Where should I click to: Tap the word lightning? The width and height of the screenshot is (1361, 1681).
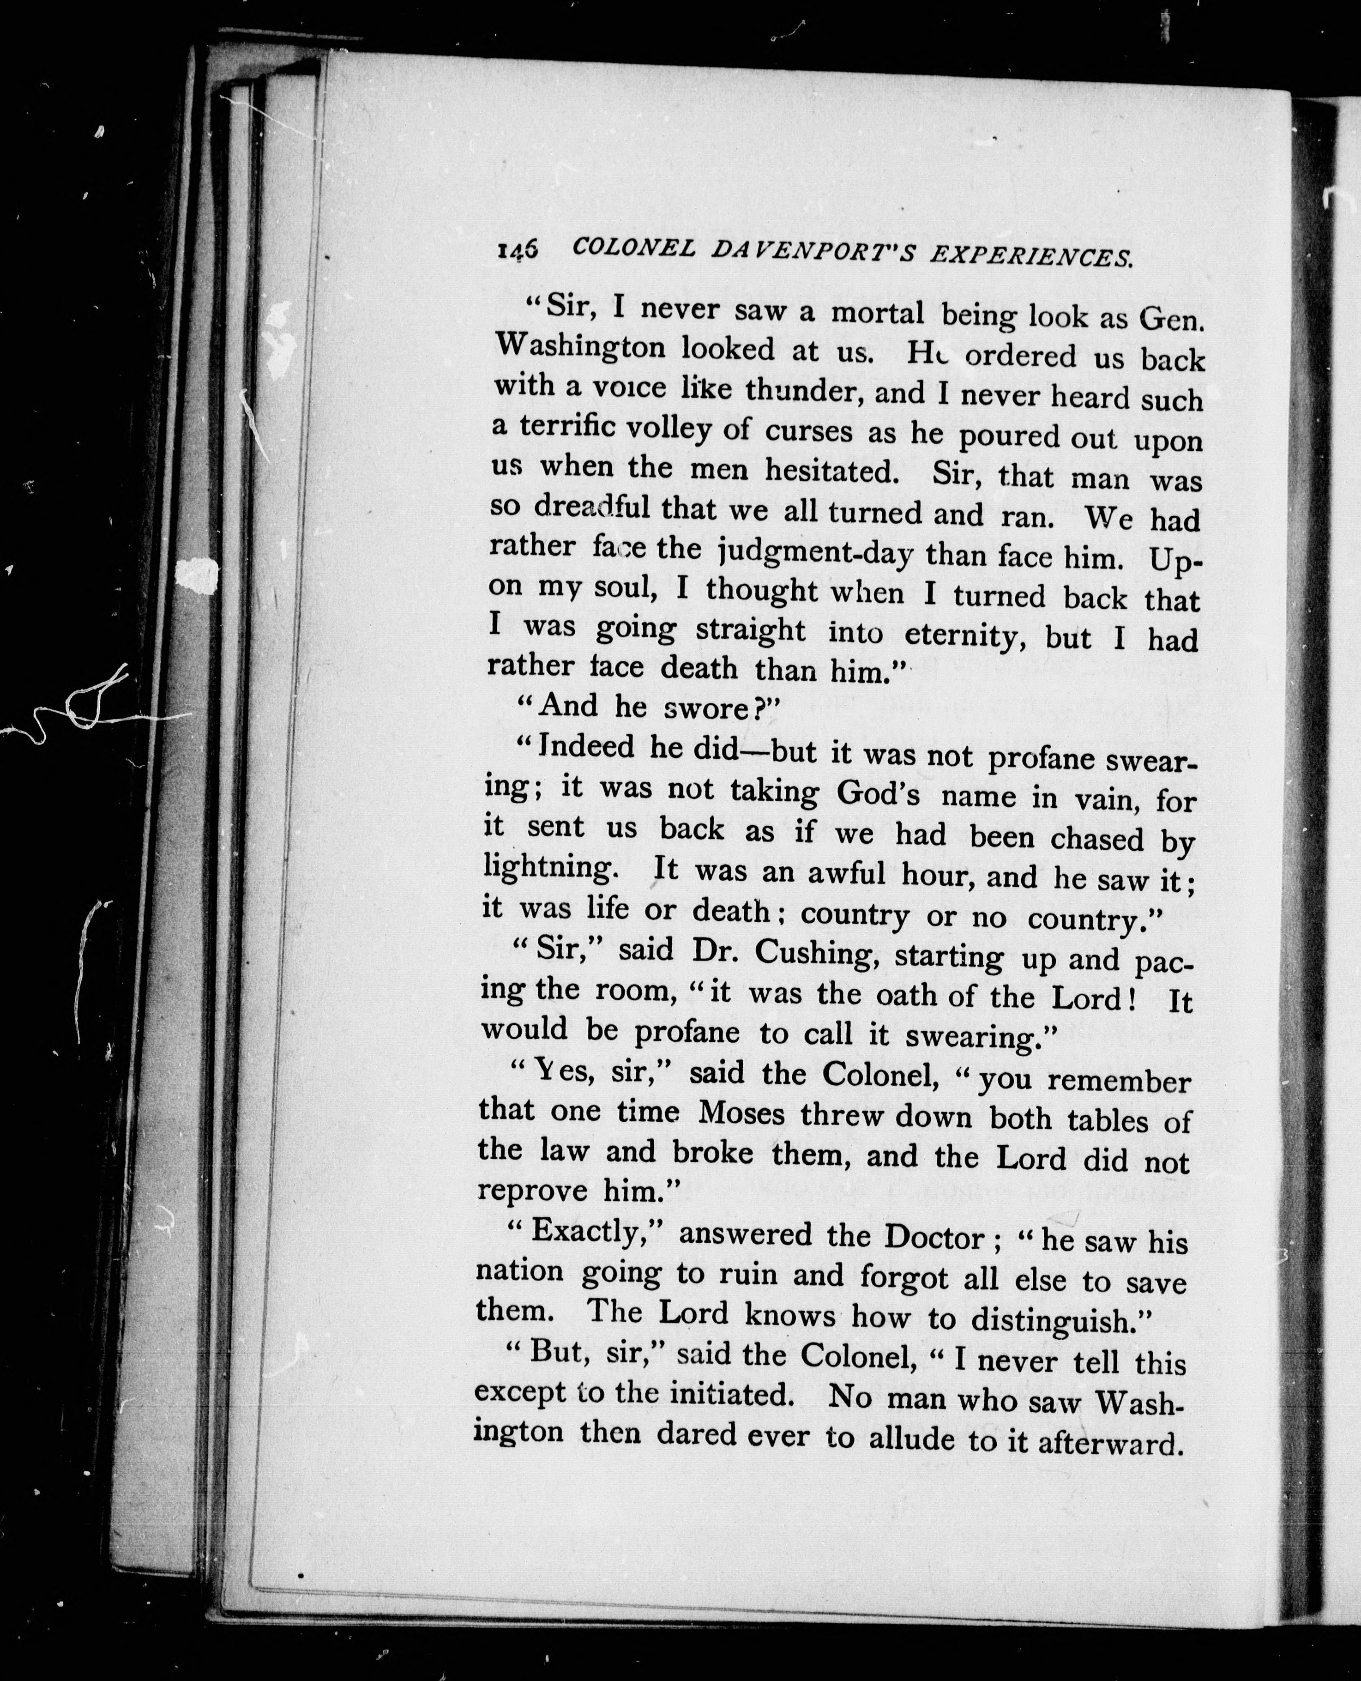(547, 868)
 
